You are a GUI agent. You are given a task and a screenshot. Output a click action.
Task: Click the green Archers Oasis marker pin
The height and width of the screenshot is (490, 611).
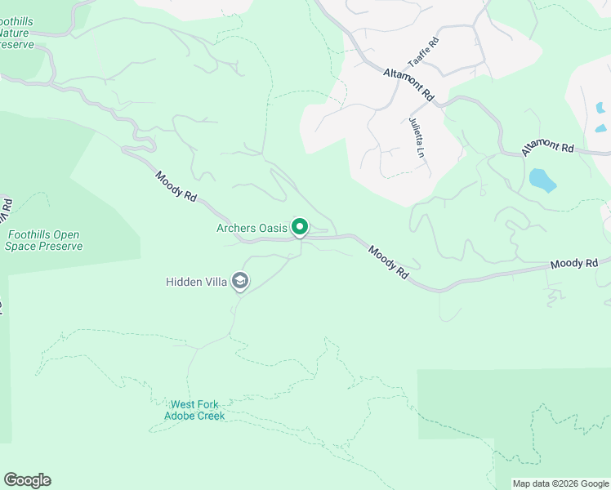tap(300, 227)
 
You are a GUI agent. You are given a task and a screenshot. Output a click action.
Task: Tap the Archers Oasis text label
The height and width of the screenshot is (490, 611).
tap(252, 228)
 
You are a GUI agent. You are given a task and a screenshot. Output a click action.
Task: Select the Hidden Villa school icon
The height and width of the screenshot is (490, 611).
tap(240, 282)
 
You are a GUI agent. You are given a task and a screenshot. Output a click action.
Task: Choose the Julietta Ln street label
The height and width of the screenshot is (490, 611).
tap(417, 136)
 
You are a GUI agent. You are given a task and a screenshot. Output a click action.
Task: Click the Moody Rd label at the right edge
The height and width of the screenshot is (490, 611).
tap(580, 264)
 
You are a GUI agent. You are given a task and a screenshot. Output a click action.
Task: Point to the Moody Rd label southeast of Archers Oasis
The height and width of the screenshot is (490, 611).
tap(388, 262)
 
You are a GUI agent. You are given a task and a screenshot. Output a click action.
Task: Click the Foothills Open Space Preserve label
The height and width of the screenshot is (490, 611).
tap(44, 240)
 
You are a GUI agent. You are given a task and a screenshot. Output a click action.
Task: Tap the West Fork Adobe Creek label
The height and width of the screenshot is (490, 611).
tap(194, 410)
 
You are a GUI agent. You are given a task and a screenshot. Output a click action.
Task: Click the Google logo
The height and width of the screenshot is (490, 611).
tap(27, 480)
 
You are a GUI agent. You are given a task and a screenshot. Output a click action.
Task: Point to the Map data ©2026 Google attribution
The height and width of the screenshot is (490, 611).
tap(560, 483)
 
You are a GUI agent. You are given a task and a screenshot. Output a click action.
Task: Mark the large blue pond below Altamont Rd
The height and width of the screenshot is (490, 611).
tap(542, 180)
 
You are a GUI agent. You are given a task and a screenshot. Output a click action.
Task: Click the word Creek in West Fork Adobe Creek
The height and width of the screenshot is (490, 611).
tap(208, 416)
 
